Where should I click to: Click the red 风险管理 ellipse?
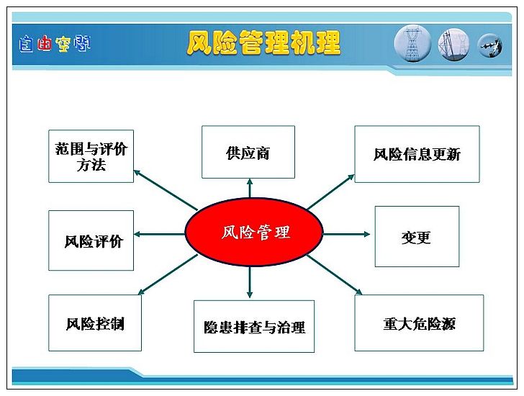254,232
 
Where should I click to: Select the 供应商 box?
248,152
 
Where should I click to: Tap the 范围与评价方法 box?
91,156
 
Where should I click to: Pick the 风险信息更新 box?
417,154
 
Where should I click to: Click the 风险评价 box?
91,240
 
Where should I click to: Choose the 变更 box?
417,236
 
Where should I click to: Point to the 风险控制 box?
95,323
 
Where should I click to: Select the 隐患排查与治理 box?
254,326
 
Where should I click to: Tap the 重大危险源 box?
419,323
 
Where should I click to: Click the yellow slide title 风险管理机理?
263,42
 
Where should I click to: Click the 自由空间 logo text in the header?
55,44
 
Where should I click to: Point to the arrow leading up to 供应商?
250,188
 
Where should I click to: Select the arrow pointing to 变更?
346,234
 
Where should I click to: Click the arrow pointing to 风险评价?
159,234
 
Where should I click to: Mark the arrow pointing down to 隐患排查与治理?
250,282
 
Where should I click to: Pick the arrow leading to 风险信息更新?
330,192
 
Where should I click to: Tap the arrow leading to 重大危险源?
334,275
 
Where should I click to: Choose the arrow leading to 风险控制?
168,275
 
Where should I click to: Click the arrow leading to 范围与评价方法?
166,190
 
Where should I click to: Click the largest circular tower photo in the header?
412,44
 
